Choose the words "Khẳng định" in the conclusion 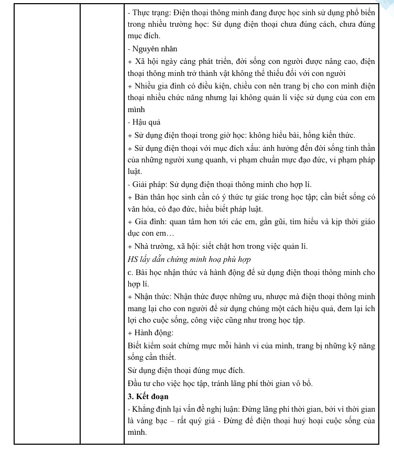tap(151, 408)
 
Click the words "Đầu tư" tap(138, 383)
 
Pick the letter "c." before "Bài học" tap(130, 272)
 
